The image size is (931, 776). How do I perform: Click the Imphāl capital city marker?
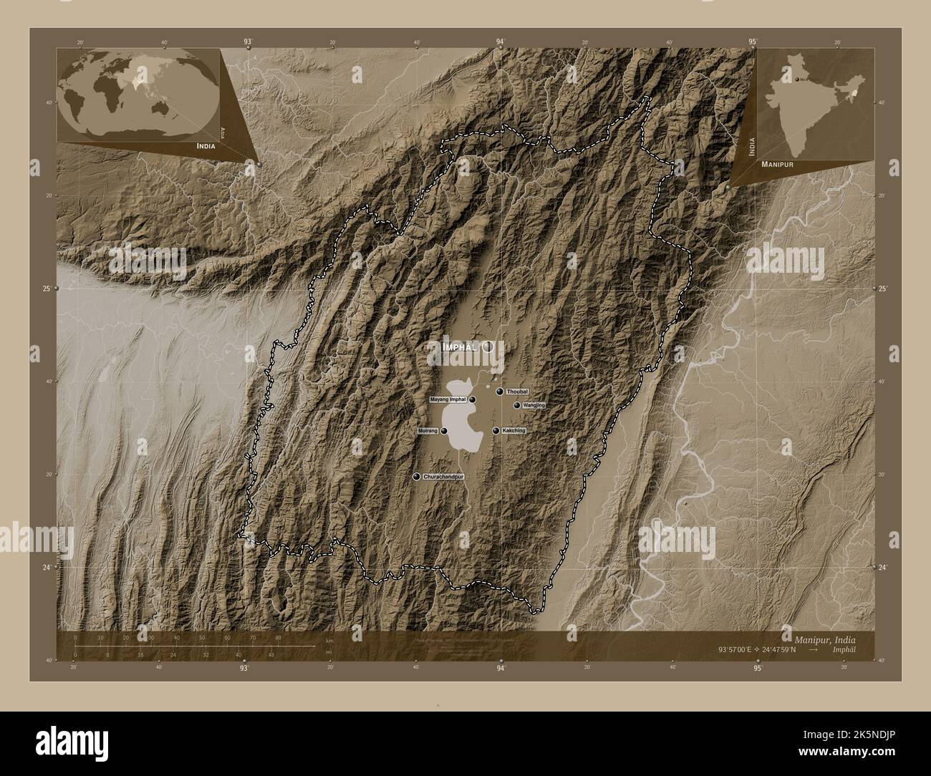point(488,346)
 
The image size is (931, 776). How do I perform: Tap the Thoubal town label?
point(517,392)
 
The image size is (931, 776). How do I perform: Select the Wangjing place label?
point(534,405)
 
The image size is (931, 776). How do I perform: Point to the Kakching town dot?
point(496,431)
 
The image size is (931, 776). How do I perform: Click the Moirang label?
point(428,431)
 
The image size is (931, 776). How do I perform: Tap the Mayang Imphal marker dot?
point(473,399)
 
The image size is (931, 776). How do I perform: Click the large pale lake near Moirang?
point(458,422)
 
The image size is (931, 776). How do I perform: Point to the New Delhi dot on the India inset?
point(794,79)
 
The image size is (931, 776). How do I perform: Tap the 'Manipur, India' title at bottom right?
point(824,638)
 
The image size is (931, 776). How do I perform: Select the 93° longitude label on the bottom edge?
point(245,669)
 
